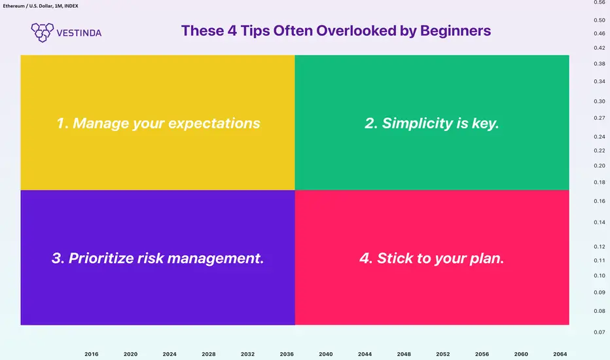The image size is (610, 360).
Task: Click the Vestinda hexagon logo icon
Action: [x=43, y=32]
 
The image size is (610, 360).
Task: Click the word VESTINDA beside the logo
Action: [x=79, y=33]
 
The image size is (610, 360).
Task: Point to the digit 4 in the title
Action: [x=232, y=31]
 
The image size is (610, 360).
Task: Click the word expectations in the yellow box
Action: [x=214, y=123]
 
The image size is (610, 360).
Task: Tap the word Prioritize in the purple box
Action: [x=101, y=258]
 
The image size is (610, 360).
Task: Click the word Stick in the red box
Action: [x=395, y=258]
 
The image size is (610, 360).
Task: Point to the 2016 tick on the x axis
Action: [x=92, y=354]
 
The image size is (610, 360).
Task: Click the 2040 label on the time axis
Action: [x=326, y=354]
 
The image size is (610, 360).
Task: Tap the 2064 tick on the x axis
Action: [x=560, y=354]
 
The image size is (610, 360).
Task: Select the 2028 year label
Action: [x=209, y=354]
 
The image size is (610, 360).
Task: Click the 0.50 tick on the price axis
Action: [x=600, y=20]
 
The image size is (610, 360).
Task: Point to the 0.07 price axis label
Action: [x=600, y=333]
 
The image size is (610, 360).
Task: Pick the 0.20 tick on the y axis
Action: [x=600, y=166]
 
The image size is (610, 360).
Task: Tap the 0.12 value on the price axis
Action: [x=600, y=247]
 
